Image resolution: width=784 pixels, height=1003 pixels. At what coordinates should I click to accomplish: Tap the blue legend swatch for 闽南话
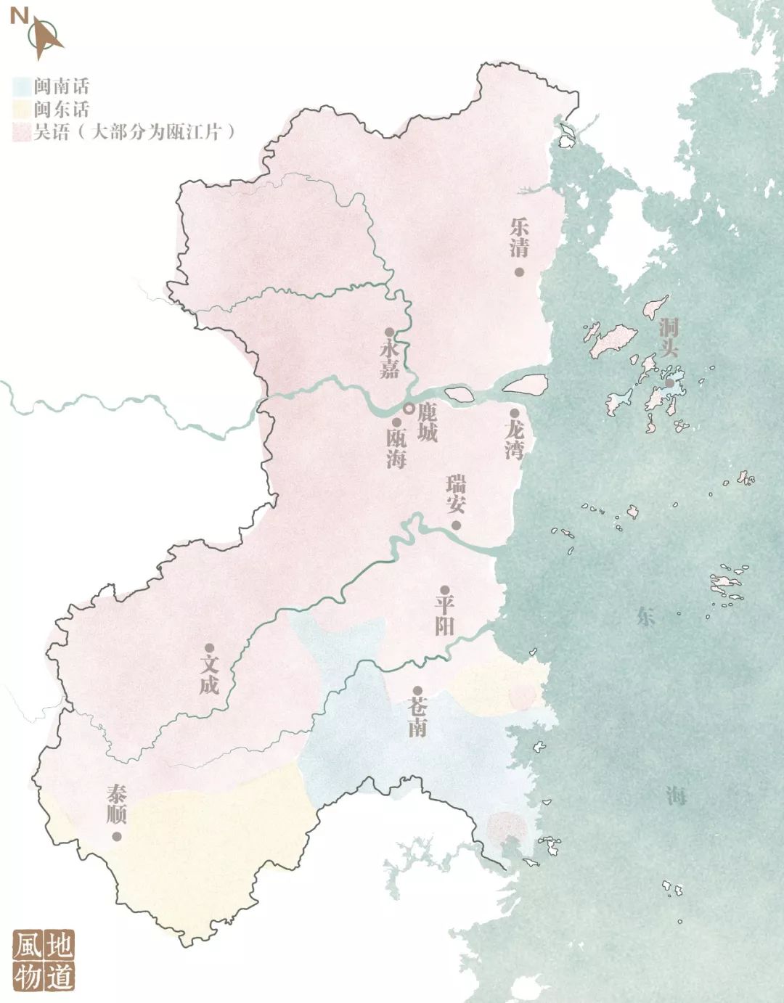click(22, 86)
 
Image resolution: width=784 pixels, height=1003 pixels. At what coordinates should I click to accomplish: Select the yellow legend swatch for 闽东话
click(22, 110)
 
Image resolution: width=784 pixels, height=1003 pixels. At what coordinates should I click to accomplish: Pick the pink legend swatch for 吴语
click(22, 132)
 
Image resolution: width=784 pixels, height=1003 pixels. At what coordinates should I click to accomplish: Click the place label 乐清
click(519, 237)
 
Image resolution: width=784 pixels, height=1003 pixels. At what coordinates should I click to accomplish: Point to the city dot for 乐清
click(519, 271)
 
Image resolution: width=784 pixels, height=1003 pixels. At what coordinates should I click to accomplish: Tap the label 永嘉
click(390, 359)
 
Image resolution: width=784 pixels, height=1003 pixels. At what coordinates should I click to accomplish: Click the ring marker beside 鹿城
click(409, 409)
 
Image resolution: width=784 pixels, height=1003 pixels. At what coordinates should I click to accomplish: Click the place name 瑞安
click(456, 495)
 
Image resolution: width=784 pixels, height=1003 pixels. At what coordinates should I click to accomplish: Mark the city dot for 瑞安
click(456, 525)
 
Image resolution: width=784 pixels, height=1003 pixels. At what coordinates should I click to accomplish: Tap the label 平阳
click(444, 615)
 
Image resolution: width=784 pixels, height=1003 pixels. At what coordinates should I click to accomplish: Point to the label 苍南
click(417, 718)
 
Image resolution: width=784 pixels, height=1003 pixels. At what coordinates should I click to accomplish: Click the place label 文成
click(209, 674)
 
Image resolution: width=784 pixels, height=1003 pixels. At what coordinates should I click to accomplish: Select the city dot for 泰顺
click(116, 836)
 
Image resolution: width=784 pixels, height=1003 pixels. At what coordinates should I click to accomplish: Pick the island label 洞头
click(669, 337)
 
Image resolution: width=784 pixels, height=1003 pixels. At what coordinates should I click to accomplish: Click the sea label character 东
click(645, 617)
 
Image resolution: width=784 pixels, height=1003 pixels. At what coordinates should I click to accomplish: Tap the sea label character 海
click(676, 796)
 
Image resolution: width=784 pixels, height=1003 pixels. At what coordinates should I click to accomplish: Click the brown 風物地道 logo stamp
click(44, 960)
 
